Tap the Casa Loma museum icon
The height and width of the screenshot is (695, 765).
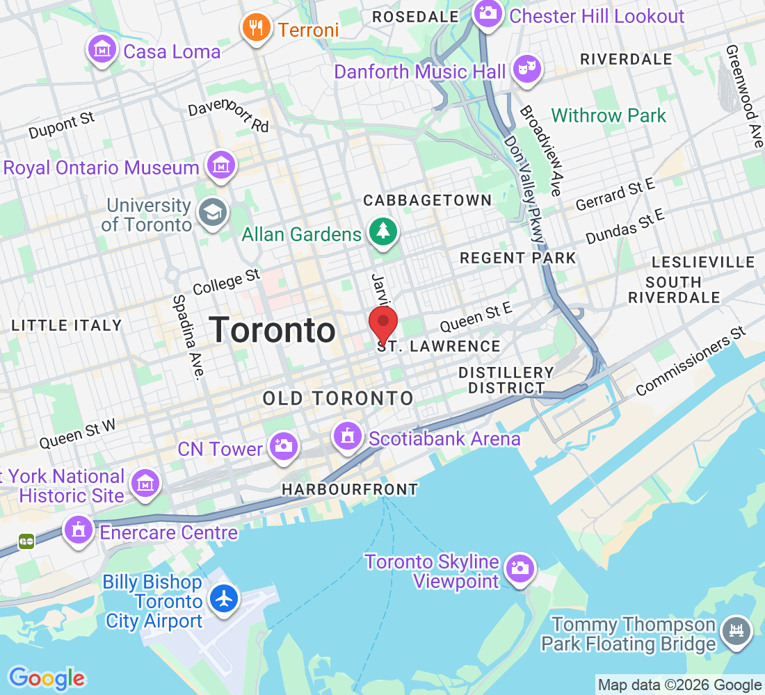pyautogui.click(x=102, y=50)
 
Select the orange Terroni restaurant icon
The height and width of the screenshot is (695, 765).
pyautogui.click(x=257, y=28)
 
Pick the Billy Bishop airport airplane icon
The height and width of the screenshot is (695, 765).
pyautogui.click(x=224, y=598)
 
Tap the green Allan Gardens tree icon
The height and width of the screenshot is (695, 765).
pyautogui.click(x=382, y=233)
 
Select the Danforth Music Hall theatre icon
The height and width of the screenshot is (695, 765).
pyautogui.click(x=526, y=69)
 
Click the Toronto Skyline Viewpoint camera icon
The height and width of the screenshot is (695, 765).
pyautogui.click(x=519, y=568)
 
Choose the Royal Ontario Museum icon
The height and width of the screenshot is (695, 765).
pyautogui.click(x=221, y=167)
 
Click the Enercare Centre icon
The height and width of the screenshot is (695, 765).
pyautogui.click(x=79, y=531)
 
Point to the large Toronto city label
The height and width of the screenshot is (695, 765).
pyautogui.click(x=272, y=329)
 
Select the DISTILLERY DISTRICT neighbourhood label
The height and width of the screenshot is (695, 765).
pyautogui.click(x=506, y=380)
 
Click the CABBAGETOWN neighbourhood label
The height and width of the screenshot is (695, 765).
pyautogui.click(x=428, y=200)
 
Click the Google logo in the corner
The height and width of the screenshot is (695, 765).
pyautogui.click(x=47, y=678)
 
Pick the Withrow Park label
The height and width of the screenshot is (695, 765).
pyautogui.click(x=609, y=115)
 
